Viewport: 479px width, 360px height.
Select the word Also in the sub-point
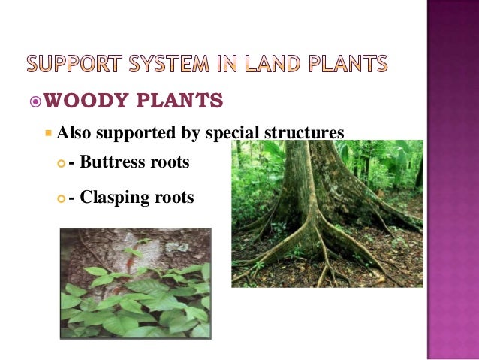[x=73, y=133]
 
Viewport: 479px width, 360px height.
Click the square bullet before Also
[x=49, y=134]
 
